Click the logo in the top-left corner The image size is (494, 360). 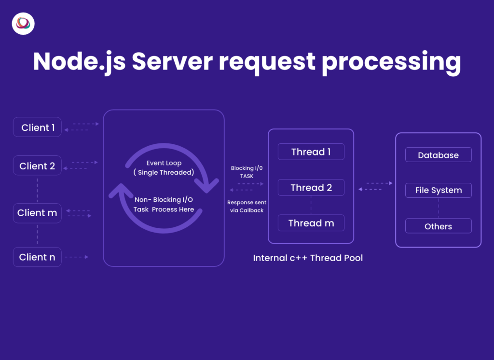23,24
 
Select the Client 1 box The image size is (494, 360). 37,127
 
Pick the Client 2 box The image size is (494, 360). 37,166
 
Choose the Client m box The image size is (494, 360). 37,213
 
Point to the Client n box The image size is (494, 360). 37,257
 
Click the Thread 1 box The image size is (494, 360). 311,152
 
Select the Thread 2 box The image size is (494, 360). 311,187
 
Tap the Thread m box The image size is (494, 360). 311,223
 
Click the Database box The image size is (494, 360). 438,155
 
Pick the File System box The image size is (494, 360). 438,190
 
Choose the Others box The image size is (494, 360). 438,226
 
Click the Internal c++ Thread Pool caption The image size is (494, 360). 308,258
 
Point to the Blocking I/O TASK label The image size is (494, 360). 247,172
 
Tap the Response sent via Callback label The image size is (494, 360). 247,207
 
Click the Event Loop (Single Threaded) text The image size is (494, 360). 164,167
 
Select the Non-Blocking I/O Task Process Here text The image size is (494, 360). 164,205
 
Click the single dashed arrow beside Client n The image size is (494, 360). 76,257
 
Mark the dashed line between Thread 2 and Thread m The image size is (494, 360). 311,205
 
